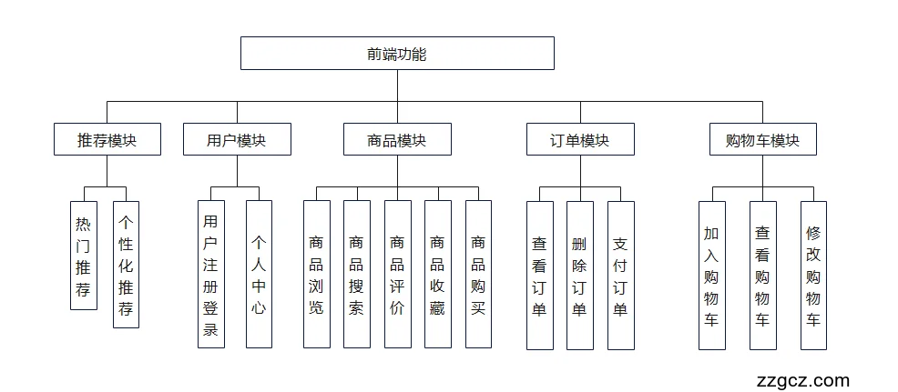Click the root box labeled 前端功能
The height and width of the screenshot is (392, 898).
coord(397,54)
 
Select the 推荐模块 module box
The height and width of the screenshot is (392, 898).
coord(107,140)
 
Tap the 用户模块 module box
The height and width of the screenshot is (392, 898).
coord(237,140)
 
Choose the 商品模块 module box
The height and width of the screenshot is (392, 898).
coord(397,140)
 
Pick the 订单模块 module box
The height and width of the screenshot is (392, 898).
coord(580,140)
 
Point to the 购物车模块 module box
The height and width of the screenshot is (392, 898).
coord(762,140)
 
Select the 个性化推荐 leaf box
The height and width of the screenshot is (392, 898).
coord(126,265)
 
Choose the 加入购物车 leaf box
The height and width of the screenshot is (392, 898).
coord(712,276)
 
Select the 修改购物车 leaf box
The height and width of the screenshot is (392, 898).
coord(813,276)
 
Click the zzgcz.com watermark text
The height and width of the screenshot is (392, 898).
coord(802,380)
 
